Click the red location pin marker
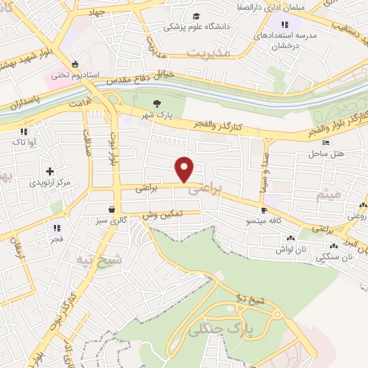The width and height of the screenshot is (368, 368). tap(185, 169)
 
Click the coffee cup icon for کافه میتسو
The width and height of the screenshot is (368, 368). tap(264, 211)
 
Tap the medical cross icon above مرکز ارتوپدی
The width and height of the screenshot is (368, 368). tap(49, 171)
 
